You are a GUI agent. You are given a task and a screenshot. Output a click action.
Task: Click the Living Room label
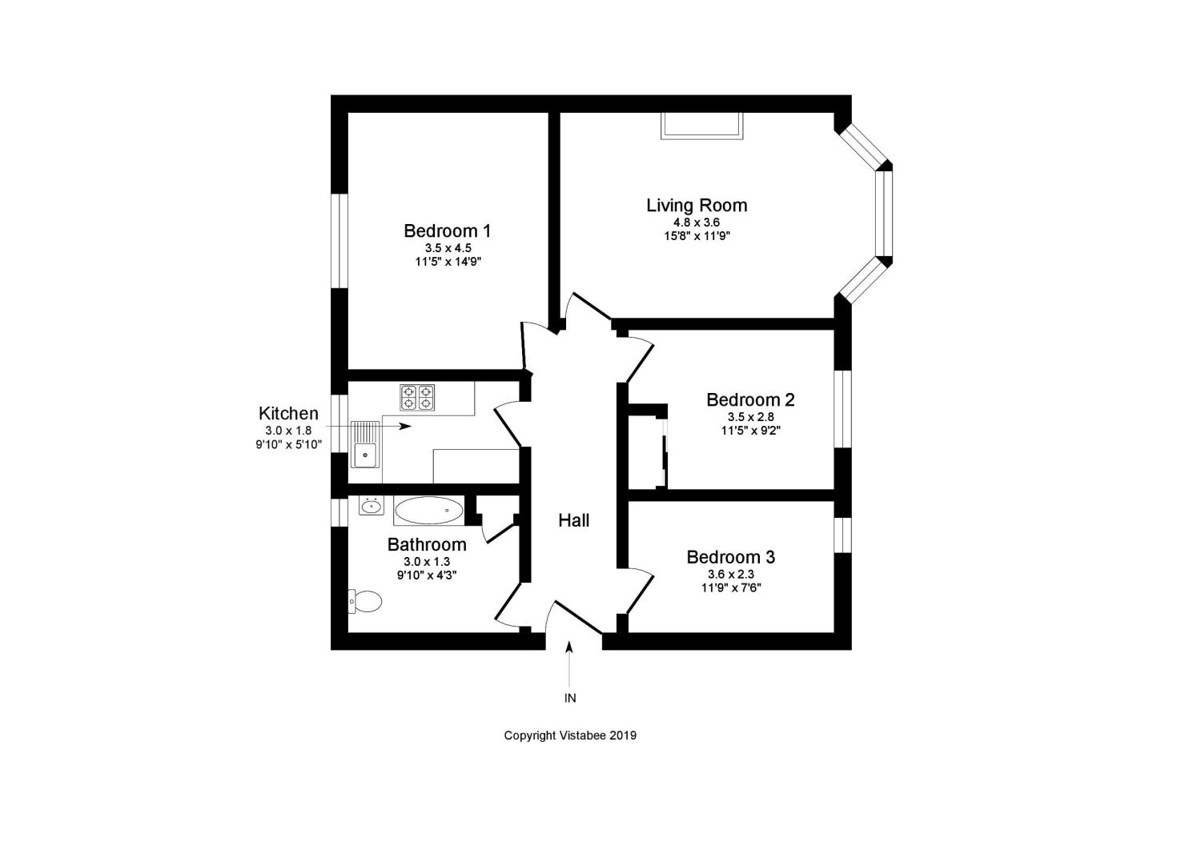697,206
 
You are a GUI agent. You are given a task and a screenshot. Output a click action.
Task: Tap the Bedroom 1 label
447,231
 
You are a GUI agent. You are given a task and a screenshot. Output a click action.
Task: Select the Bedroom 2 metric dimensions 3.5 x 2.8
751,416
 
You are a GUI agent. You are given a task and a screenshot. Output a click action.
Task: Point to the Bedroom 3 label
731,558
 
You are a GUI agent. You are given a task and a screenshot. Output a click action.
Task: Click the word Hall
574,520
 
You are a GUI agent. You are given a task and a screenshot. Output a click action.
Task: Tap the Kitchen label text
288,413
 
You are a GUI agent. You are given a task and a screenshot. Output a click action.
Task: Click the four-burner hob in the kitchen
417,397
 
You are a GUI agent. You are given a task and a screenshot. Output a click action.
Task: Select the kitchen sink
365,444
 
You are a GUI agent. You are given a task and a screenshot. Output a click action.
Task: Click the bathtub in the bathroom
429,511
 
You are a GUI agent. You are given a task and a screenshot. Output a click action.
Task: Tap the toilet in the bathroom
365,601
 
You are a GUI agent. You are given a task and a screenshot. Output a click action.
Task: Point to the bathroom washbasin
372,506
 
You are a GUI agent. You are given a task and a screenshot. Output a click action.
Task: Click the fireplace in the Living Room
702,126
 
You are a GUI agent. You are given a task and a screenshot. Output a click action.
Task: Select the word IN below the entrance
570,698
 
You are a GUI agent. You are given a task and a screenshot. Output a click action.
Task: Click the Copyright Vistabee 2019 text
570,736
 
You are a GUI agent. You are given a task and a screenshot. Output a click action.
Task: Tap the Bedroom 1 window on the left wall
339,241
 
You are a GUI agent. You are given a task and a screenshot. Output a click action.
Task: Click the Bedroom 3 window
843,535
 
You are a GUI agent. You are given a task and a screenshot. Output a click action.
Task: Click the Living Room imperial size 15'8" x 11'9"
697,236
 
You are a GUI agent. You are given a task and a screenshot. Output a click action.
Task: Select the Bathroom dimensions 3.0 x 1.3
427,561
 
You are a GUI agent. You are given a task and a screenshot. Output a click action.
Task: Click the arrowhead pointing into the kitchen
405,427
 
